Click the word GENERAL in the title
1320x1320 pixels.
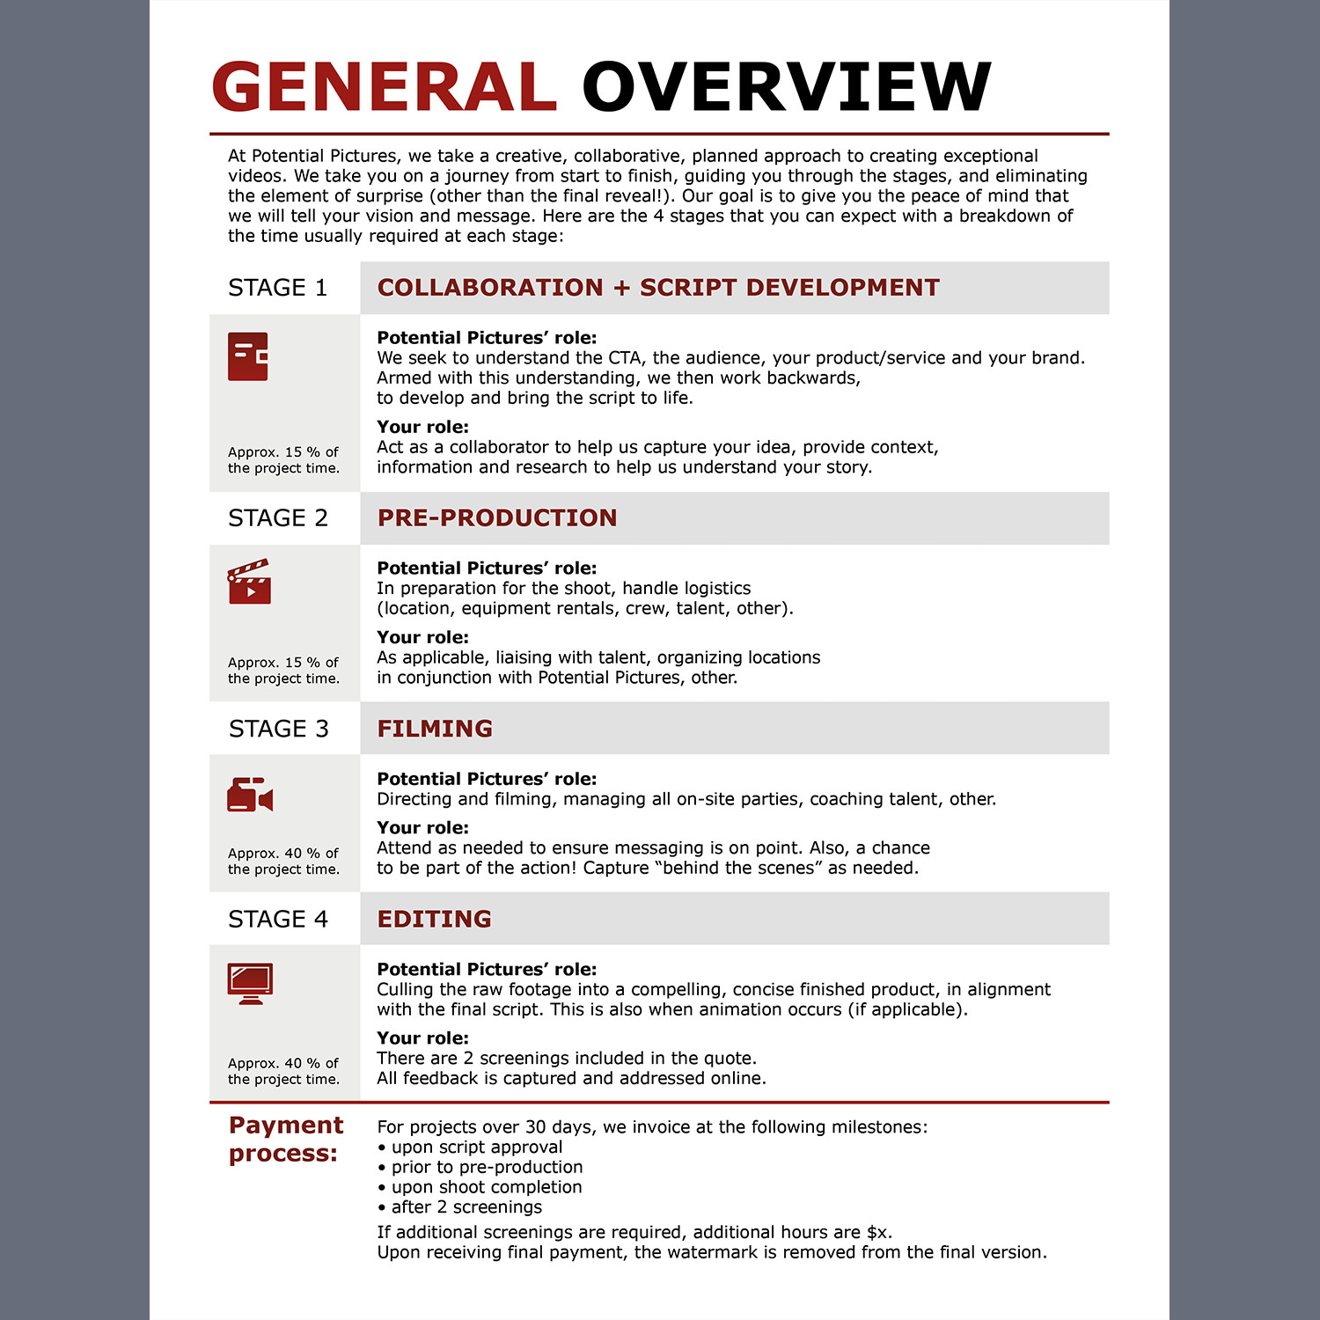point(384,87)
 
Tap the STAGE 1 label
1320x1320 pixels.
point(277,288)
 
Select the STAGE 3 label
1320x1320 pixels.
point(278,729)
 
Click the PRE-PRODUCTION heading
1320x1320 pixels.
point(497,518)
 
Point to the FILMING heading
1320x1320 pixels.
point(435,729)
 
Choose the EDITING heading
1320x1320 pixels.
point(434,919)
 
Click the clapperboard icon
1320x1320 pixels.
point(249,582)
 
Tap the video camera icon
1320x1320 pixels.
point(250,795)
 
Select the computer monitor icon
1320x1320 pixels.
point(250,983)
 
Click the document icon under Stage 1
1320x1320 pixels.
point(248,356)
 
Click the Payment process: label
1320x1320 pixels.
point(285,1139)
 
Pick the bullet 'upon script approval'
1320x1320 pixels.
point(476,1148)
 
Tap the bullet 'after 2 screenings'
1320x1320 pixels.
point(466,1207)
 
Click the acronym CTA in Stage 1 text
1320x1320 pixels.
point(625,358)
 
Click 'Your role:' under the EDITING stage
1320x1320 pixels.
point(422,1038)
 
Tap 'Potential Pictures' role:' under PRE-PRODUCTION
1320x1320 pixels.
point(487,568)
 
